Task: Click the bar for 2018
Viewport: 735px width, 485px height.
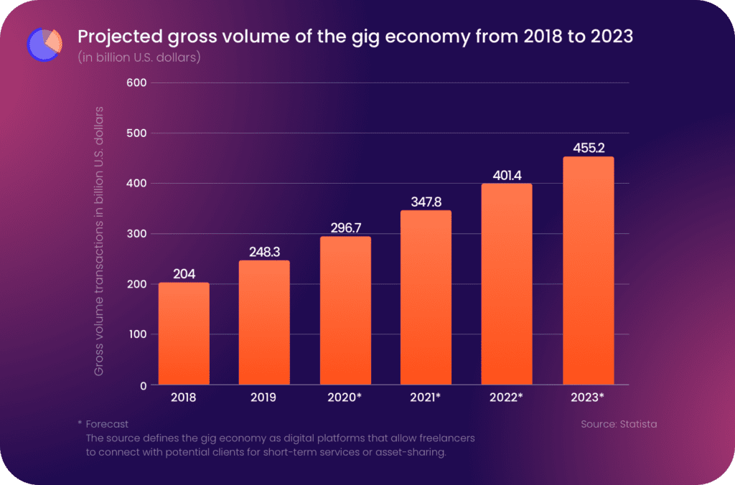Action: pyautogui.click(x=184, y=334)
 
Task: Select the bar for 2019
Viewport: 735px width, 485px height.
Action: pyautogui.click(x=264, y=323)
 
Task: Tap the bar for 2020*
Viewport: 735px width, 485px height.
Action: pyautogui.click(x=345, y=311)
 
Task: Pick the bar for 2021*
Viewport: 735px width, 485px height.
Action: pyautogui.click(x=426, y=298)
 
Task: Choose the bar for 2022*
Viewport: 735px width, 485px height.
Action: pyautogui.click(x=507, y=284)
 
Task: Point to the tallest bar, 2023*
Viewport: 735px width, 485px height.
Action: pyautogui.click(x=588, y=270)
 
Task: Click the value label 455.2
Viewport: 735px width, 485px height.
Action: pyautogui.click(x=588, y=149)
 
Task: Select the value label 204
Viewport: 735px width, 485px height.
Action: pyautogui.click(x=184, y=274)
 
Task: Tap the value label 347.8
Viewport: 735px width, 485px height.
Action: pyautogui.click(x=426, y=202)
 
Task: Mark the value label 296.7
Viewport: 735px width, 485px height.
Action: pyautogui.click(x=345, y=228)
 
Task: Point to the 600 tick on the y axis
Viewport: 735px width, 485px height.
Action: pyautogui.click(x=136, y=83)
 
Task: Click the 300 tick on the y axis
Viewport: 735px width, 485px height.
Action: pyautogui.click(x=136, y=234)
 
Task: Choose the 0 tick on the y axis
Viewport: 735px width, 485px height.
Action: pyautogui.click(x=144, y=385)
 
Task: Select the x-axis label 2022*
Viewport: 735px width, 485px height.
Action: pyautogui.click(x=507, y=397)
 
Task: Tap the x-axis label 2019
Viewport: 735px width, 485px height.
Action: pyautogui.click(x=264, y=397)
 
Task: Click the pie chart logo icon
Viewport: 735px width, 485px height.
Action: pyautogui.click(x=45, y=44)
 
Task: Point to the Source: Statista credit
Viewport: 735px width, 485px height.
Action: pyautogui.click(x=618, y=424)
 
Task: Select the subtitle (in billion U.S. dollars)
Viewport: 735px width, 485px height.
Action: pyautogui.click(x=139, y=57)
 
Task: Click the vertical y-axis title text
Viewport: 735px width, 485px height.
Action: pyautogui.click(x=99, y=240)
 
